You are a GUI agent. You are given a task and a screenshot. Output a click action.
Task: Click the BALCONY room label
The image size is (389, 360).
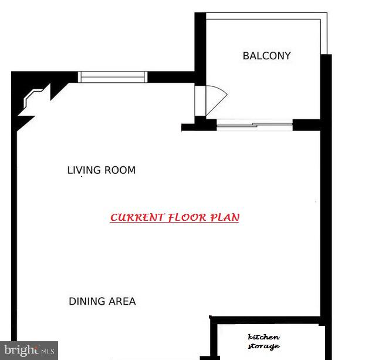coord(266,56)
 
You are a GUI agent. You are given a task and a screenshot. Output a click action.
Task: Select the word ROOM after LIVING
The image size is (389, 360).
coord(120,170)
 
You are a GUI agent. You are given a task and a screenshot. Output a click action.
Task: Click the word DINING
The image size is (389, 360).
coord(86,301)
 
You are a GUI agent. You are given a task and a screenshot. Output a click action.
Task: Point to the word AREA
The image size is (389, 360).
coord(121,301)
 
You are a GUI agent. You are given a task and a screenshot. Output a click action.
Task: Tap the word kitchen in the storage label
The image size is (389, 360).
coord(264,337)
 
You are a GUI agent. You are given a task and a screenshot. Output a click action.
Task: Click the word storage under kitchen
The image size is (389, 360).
coord(264,346)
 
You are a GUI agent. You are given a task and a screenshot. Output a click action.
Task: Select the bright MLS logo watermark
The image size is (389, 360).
coord(29,350)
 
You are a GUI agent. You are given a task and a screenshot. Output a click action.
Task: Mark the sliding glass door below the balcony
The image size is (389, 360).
coord(254,124)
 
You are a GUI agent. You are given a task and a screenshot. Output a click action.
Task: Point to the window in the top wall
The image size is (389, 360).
coord(113,76)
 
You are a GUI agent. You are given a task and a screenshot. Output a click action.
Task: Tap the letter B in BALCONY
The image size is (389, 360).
coord(246,56)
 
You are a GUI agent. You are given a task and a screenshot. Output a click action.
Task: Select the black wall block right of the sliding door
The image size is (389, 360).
coord(306,124)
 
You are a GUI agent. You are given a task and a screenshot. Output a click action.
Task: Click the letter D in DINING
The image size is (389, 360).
coord(72,301)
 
